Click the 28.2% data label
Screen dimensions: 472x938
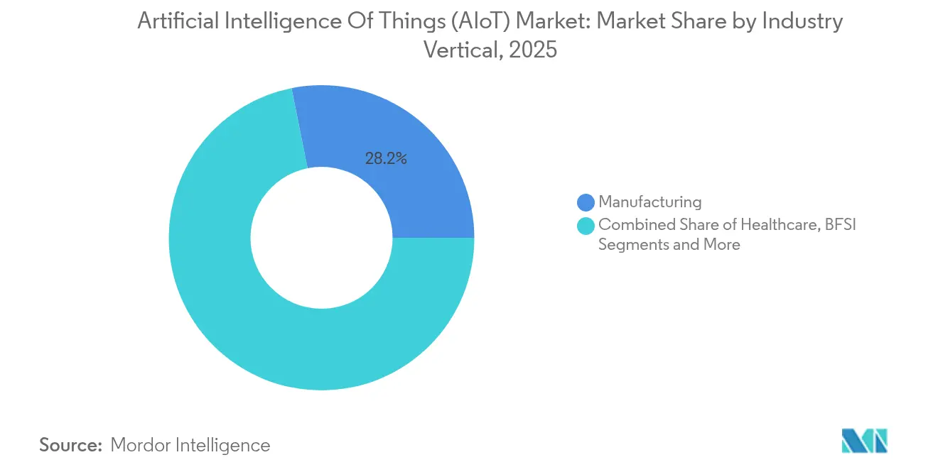click(x=386, y=159)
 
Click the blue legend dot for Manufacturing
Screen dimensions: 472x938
click(x=586, y=202)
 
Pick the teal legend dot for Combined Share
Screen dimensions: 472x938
click(x=586, y=226)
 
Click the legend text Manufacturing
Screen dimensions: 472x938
click(x=649, y=202)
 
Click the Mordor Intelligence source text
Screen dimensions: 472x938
click(x=190, y=445)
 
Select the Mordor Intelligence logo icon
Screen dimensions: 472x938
click(x=864, y=441)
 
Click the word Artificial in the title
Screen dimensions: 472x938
click(x=176, y=22)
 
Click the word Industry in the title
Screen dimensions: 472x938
click(x=802, y=22)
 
